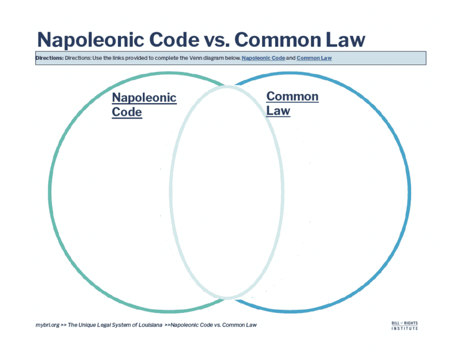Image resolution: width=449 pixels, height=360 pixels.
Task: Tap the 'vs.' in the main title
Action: tap(217, 40)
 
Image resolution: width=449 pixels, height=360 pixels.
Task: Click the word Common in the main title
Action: tap(278, 39)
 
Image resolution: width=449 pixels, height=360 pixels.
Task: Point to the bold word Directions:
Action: tap(50, 58)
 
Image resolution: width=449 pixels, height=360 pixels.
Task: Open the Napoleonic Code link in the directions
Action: tap(263, 58)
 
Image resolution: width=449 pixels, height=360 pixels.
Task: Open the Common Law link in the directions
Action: tap(314, 58)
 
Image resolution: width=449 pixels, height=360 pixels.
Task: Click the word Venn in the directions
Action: tap(196, 58)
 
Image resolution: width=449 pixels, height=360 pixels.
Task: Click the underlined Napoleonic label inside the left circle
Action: tap(144, 98)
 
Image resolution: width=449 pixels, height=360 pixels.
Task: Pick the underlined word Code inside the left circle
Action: tap(127, 112)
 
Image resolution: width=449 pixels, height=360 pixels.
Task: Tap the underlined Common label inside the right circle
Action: tap(292, 96)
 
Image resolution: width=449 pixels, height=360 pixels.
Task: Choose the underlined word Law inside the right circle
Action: tap(278, 111)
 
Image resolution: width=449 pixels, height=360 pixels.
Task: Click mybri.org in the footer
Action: tap(48, 325)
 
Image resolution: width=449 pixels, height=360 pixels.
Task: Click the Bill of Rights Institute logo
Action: tap(405, 325)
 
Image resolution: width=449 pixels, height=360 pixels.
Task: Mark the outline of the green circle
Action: tap(50, 192)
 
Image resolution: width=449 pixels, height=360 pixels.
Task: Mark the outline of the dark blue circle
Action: tap(409, 192)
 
